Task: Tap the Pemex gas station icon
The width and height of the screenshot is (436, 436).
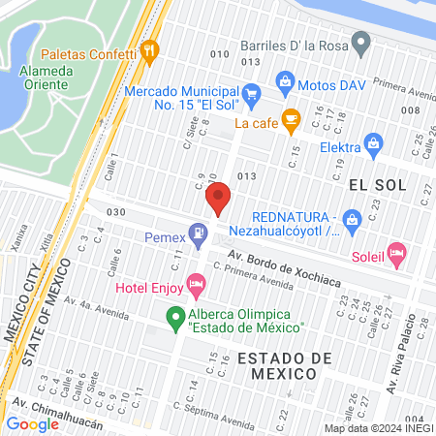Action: pyautogui.click(x=199, y=233)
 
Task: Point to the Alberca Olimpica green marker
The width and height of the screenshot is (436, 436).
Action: pyautogui.click(x=175, y=316)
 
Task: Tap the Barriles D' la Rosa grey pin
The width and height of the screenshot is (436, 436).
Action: pyautogui.click(x=361, y=44)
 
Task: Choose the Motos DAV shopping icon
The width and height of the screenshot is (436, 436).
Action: pyautogui.click(x=285, y=80)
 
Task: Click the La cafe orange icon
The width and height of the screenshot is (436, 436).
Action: pyautogui.click(x=290, y=120)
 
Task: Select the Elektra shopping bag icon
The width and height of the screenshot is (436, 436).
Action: pyautogui.click(x=374, y=147)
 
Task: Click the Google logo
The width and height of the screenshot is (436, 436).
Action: pyautogui.click(x=32, y=423)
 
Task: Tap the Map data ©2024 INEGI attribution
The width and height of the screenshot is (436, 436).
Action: pyautogui.click(x=378, y=427)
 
